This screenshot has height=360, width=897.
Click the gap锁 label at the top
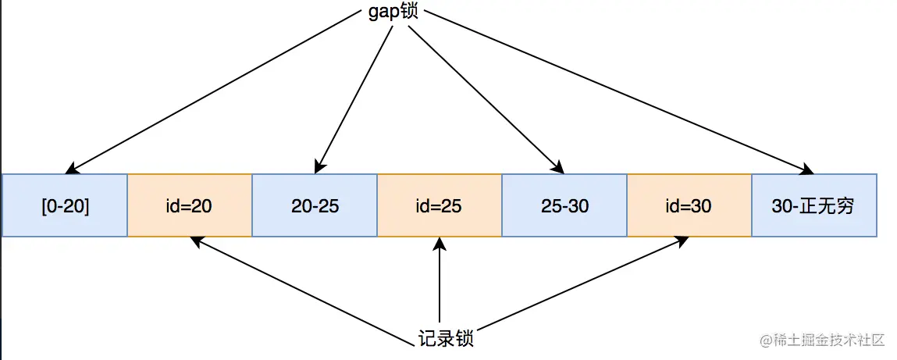393,12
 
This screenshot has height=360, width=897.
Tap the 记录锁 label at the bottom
446,339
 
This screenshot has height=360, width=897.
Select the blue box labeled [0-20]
65,205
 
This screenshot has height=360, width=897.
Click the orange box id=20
190,205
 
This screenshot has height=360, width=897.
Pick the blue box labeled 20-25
315,205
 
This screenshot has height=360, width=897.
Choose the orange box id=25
440,205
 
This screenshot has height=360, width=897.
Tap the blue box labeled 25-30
564,205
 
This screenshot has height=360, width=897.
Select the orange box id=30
689,205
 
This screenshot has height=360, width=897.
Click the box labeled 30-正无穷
814,205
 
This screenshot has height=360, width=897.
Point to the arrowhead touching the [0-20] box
71,168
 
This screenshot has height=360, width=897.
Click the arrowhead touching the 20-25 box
319,166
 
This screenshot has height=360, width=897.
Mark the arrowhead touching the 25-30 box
557,167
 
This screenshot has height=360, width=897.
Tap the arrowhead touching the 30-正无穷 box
807,168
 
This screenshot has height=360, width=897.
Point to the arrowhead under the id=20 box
198,242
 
